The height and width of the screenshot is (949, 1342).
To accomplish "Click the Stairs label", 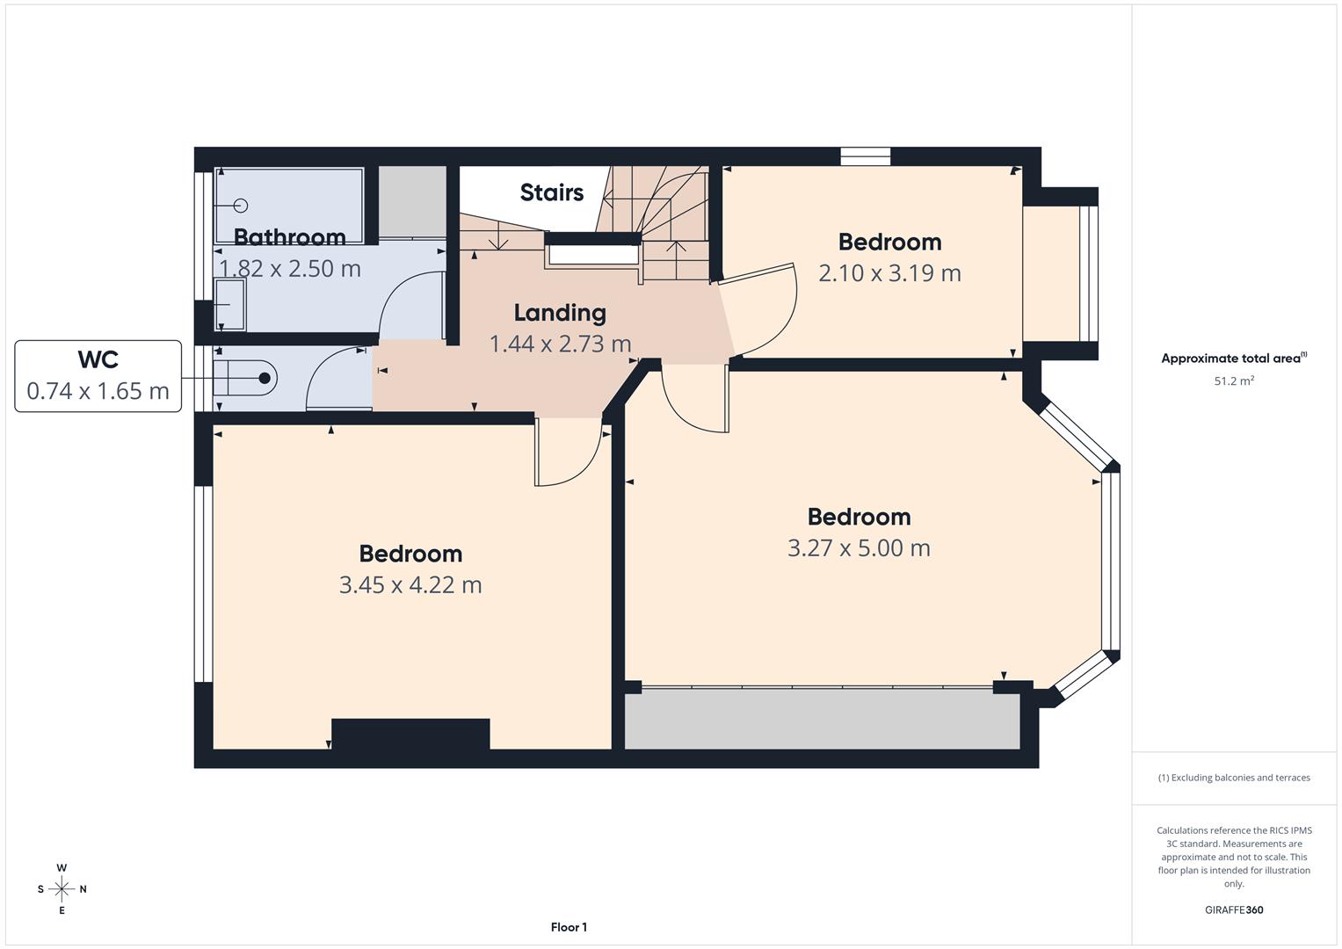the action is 551,192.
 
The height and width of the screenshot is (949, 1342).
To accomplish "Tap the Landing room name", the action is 560,313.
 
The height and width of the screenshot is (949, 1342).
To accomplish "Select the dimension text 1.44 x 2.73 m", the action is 560,344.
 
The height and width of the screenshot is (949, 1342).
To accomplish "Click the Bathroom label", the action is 289,237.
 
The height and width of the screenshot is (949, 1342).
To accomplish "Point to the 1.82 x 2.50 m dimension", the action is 290,268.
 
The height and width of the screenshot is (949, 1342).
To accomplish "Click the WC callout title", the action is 98,359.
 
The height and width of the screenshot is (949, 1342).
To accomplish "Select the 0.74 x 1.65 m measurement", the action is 98,391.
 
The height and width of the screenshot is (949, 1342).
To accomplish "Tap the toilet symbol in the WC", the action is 245,378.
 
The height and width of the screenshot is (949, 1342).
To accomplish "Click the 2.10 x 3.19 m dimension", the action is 889,273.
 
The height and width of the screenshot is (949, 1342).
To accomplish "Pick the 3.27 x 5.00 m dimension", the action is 860,548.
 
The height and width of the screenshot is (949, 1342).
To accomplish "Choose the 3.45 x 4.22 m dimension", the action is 410,584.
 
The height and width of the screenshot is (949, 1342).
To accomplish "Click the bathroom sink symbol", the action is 230,304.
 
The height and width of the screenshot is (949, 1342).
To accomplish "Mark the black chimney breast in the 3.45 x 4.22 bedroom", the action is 410,734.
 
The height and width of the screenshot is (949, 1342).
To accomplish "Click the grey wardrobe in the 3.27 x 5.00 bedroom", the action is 823,719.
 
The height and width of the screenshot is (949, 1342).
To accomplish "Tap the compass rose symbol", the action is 62,889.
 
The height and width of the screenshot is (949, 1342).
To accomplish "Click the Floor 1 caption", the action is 569,927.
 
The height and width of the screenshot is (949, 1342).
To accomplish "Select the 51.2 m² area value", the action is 1234,380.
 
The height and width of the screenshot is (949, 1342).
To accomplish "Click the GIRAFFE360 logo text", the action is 1234,909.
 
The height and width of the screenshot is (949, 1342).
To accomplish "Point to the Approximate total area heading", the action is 1234,358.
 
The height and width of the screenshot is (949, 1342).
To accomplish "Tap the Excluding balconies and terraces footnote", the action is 1234,778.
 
